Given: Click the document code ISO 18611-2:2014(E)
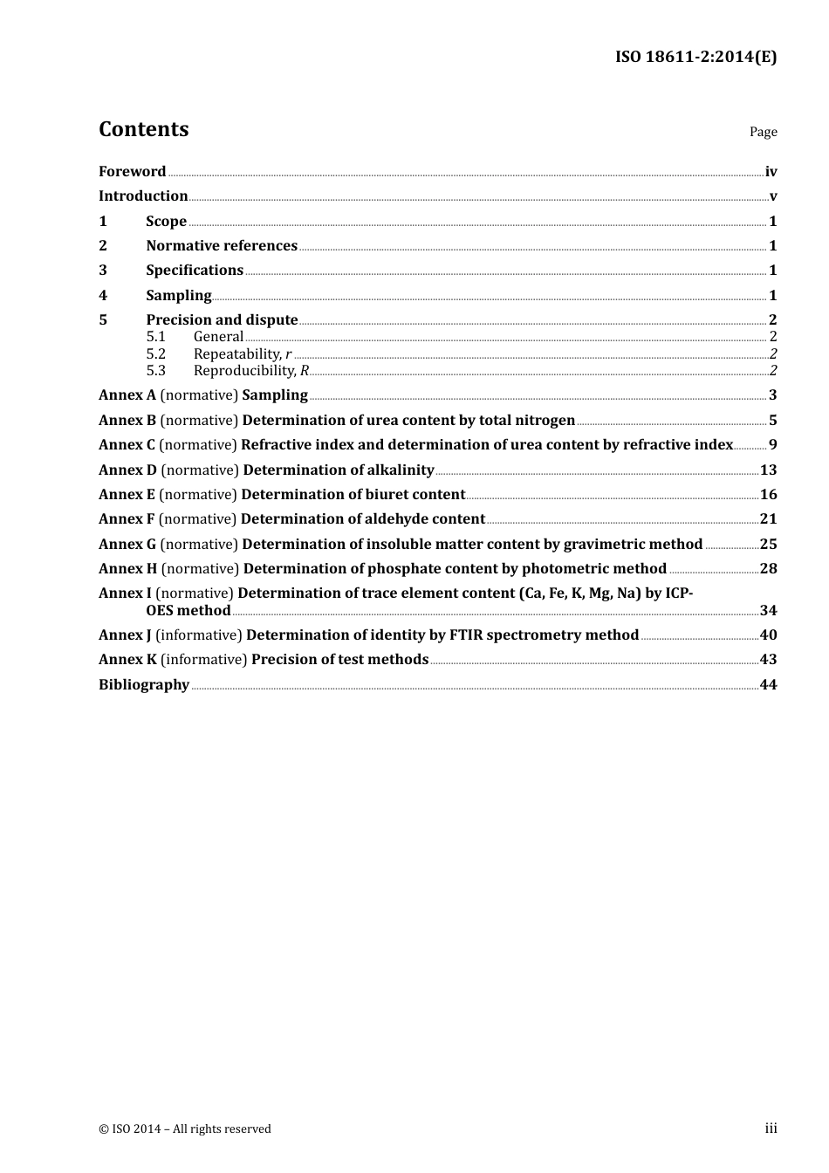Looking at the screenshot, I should tap(695, 58).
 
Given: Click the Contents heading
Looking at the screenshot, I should tap(143, 129).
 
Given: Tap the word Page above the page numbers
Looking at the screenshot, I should tap(763, 132).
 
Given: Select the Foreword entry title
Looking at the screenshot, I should tap(132, 172).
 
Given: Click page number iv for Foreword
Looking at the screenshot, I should tap(771, 172).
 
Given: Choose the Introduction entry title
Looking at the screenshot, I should tap(143, 196).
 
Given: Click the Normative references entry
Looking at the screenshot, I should tap(222, 246).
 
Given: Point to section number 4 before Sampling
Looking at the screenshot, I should tap(103, 296).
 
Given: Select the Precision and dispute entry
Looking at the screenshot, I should tap(222, 320).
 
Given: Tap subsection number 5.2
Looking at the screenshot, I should tap(155, 354).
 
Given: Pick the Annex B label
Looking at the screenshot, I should tap(127, 421).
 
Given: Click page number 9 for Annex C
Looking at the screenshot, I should tap(772, 445).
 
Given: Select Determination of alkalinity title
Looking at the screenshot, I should tap(339, 470).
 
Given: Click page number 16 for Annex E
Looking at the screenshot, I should tap(768, 495).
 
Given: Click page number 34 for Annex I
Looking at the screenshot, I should tap(768, 611).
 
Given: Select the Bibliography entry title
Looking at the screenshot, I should tap(144, 685).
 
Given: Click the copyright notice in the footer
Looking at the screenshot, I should tap(185, 1129).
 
